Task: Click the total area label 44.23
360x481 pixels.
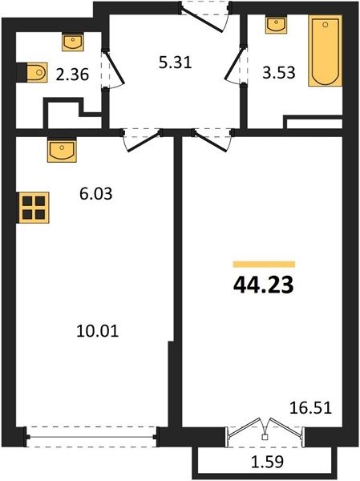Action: [264, 285]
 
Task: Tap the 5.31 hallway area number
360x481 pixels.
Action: [176, 63]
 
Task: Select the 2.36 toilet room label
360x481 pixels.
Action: [72, 75]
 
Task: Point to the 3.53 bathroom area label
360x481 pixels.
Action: [279, 73]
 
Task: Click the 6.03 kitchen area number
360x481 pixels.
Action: [95, 194]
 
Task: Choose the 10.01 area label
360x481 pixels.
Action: [97, 331]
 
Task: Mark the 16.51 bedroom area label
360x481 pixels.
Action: [310, 408]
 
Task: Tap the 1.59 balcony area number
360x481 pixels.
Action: [267, 462]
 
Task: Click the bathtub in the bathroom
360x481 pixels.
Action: [325, 51]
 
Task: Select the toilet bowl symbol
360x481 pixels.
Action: [37, 72]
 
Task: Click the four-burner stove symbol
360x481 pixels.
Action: [34, 208]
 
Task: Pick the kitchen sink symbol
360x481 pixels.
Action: [62, 150]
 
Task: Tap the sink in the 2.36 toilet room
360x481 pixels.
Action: [73, 42]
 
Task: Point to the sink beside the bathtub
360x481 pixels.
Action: [277, 25]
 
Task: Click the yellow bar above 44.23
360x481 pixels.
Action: [264, 264]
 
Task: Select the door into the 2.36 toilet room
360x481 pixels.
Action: [112, 69]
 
